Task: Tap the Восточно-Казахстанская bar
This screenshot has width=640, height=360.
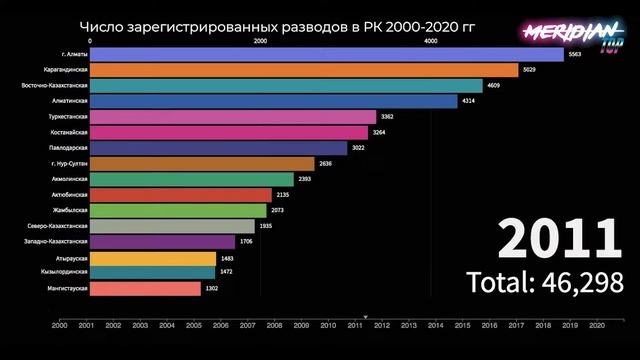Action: coord(286,86)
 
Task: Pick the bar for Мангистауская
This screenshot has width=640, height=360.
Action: coord(145,288)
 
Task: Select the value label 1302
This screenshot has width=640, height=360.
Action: coord(211,288)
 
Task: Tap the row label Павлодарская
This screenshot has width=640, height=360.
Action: coord(70,148)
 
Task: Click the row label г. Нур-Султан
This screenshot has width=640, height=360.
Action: coord(70,163)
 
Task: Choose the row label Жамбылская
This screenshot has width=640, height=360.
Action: coord(71,210)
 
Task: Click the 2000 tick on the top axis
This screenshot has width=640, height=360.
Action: coord(260,41)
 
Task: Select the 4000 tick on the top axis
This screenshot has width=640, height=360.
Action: coord(430,41)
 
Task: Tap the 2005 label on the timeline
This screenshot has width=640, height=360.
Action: coord(194,325)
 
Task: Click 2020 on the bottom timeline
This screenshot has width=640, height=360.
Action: coord(597,325)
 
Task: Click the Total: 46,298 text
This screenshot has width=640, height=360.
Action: coord(545,283)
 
